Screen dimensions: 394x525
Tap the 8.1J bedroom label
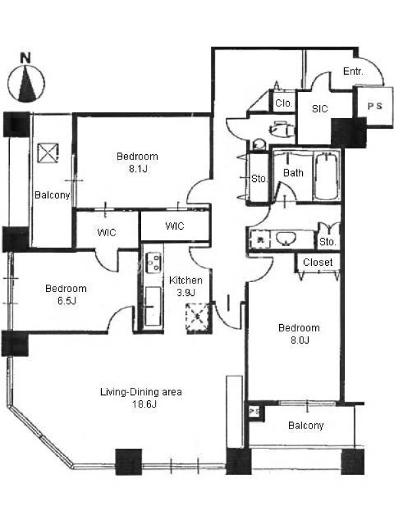click(137, 162)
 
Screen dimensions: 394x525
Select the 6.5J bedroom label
click(66, 294)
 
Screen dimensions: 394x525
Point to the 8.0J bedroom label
click(299, 334)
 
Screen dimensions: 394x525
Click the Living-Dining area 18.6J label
click(141, 398)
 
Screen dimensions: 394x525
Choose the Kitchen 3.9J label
click(186, 286)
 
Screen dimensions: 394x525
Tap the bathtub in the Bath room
click(326, 176)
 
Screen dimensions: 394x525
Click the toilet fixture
click(282, 129)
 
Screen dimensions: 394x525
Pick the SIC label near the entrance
click(320, 108)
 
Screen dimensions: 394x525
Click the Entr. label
click(353, 71)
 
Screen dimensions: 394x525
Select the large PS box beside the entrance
click(374, 106)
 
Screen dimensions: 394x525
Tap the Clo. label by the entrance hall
click(284, 103)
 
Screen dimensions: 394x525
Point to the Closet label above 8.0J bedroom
click(318, 262)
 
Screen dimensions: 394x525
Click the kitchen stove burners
click(153, 262)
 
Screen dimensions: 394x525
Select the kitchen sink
click(152, 305)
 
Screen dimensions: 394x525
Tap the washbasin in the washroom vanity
click(286, 239)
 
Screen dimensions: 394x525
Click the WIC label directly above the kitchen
click(175, 226)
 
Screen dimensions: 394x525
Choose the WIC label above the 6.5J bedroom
click(106, 232)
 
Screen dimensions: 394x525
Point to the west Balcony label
click(53, 194)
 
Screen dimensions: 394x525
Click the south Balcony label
click(306, 425)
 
